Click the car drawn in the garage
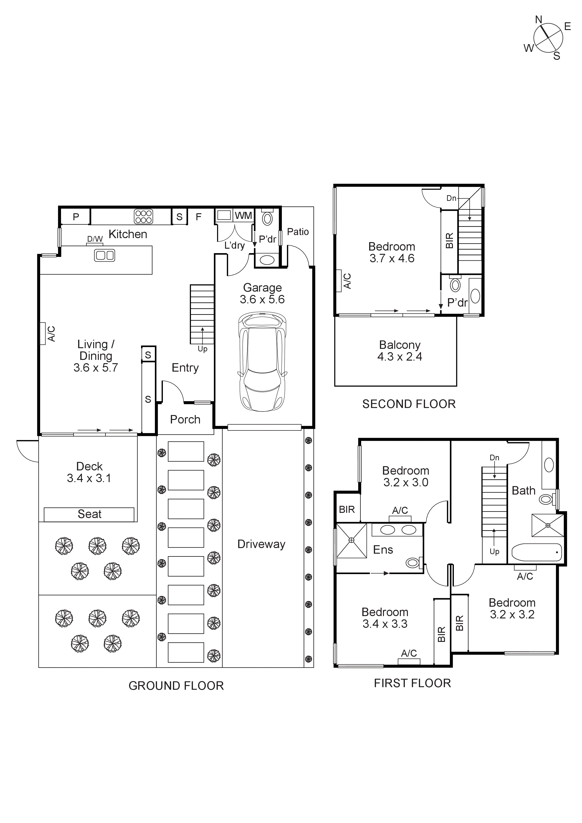(x=262, y=361)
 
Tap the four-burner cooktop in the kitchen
(x=143, y=217)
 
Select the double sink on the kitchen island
(x=104, y=255)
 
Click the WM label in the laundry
(x=244, y=215)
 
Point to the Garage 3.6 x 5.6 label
(x=262, y=293)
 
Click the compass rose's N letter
(x=538, y=20)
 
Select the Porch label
(x=185, y=419)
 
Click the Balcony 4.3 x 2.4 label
(x=399, y=351)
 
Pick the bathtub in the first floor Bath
(x=536, y=552)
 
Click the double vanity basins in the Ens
(x=398, y=530)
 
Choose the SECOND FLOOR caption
(x=409, y=404)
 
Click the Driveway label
(x=261, y=544)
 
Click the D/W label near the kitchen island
(x=95, y=239)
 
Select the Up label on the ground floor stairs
(x=202, y=349)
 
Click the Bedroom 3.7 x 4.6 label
(x=392, y=252)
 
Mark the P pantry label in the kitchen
(x=76, y=217)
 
